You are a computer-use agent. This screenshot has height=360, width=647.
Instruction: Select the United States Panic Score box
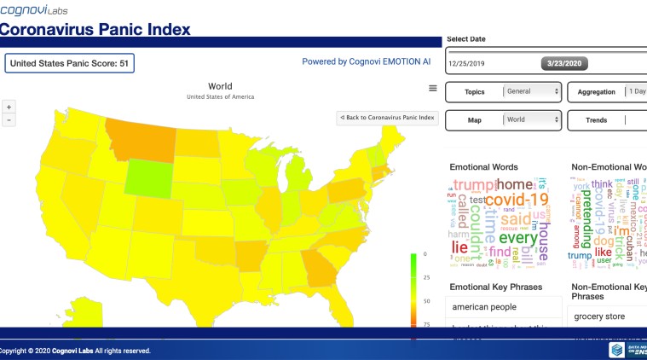70,63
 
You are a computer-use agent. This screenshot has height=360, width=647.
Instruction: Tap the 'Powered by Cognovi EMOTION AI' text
366,62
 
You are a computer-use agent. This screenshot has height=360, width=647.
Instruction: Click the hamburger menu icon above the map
433,88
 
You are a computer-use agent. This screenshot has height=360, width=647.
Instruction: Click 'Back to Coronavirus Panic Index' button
387,118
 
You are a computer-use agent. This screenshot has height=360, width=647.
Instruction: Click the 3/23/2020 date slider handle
563,63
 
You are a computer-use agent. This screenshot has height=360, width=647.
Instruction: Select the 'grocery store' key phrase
599,316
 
